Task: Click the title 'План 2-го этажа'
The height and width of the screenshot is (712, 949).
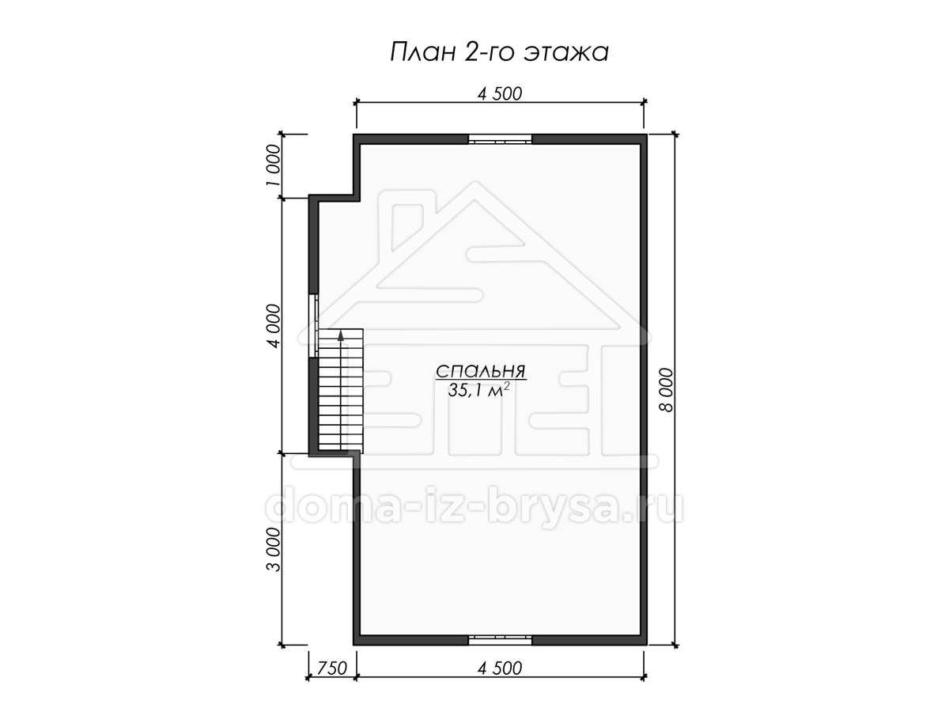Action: point(499,52)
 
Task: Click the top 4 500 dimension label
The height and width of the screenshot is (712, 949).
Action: point(500,94)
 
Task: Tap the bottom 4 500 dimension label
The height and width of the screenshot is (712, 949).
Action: point(500,668)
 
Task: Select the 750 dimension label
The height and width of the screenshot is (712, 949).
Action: point(332,668)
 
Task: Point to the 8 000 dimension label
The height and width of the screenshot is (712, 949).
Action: point(666,390)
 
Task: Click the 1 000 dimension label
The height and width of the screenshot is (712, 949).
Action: point(274,165)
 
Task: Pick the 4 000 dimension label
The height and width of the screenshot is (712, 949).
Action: point(274,327)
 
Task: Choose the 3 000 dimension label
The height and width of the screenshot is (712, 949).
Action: point(274,550)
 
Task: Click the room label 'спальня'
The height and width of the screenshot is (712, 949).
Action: point(481,371)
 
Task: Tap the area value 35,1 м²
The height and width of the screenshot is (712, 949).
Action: point(478,390)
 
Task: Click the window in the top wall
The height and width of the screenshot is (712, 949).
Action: point(501,139)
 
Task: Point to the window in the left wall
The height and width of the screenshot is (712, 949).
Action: point(313,326)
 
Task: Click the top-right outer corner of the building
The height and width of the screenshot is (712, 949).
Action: point(647,134)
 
